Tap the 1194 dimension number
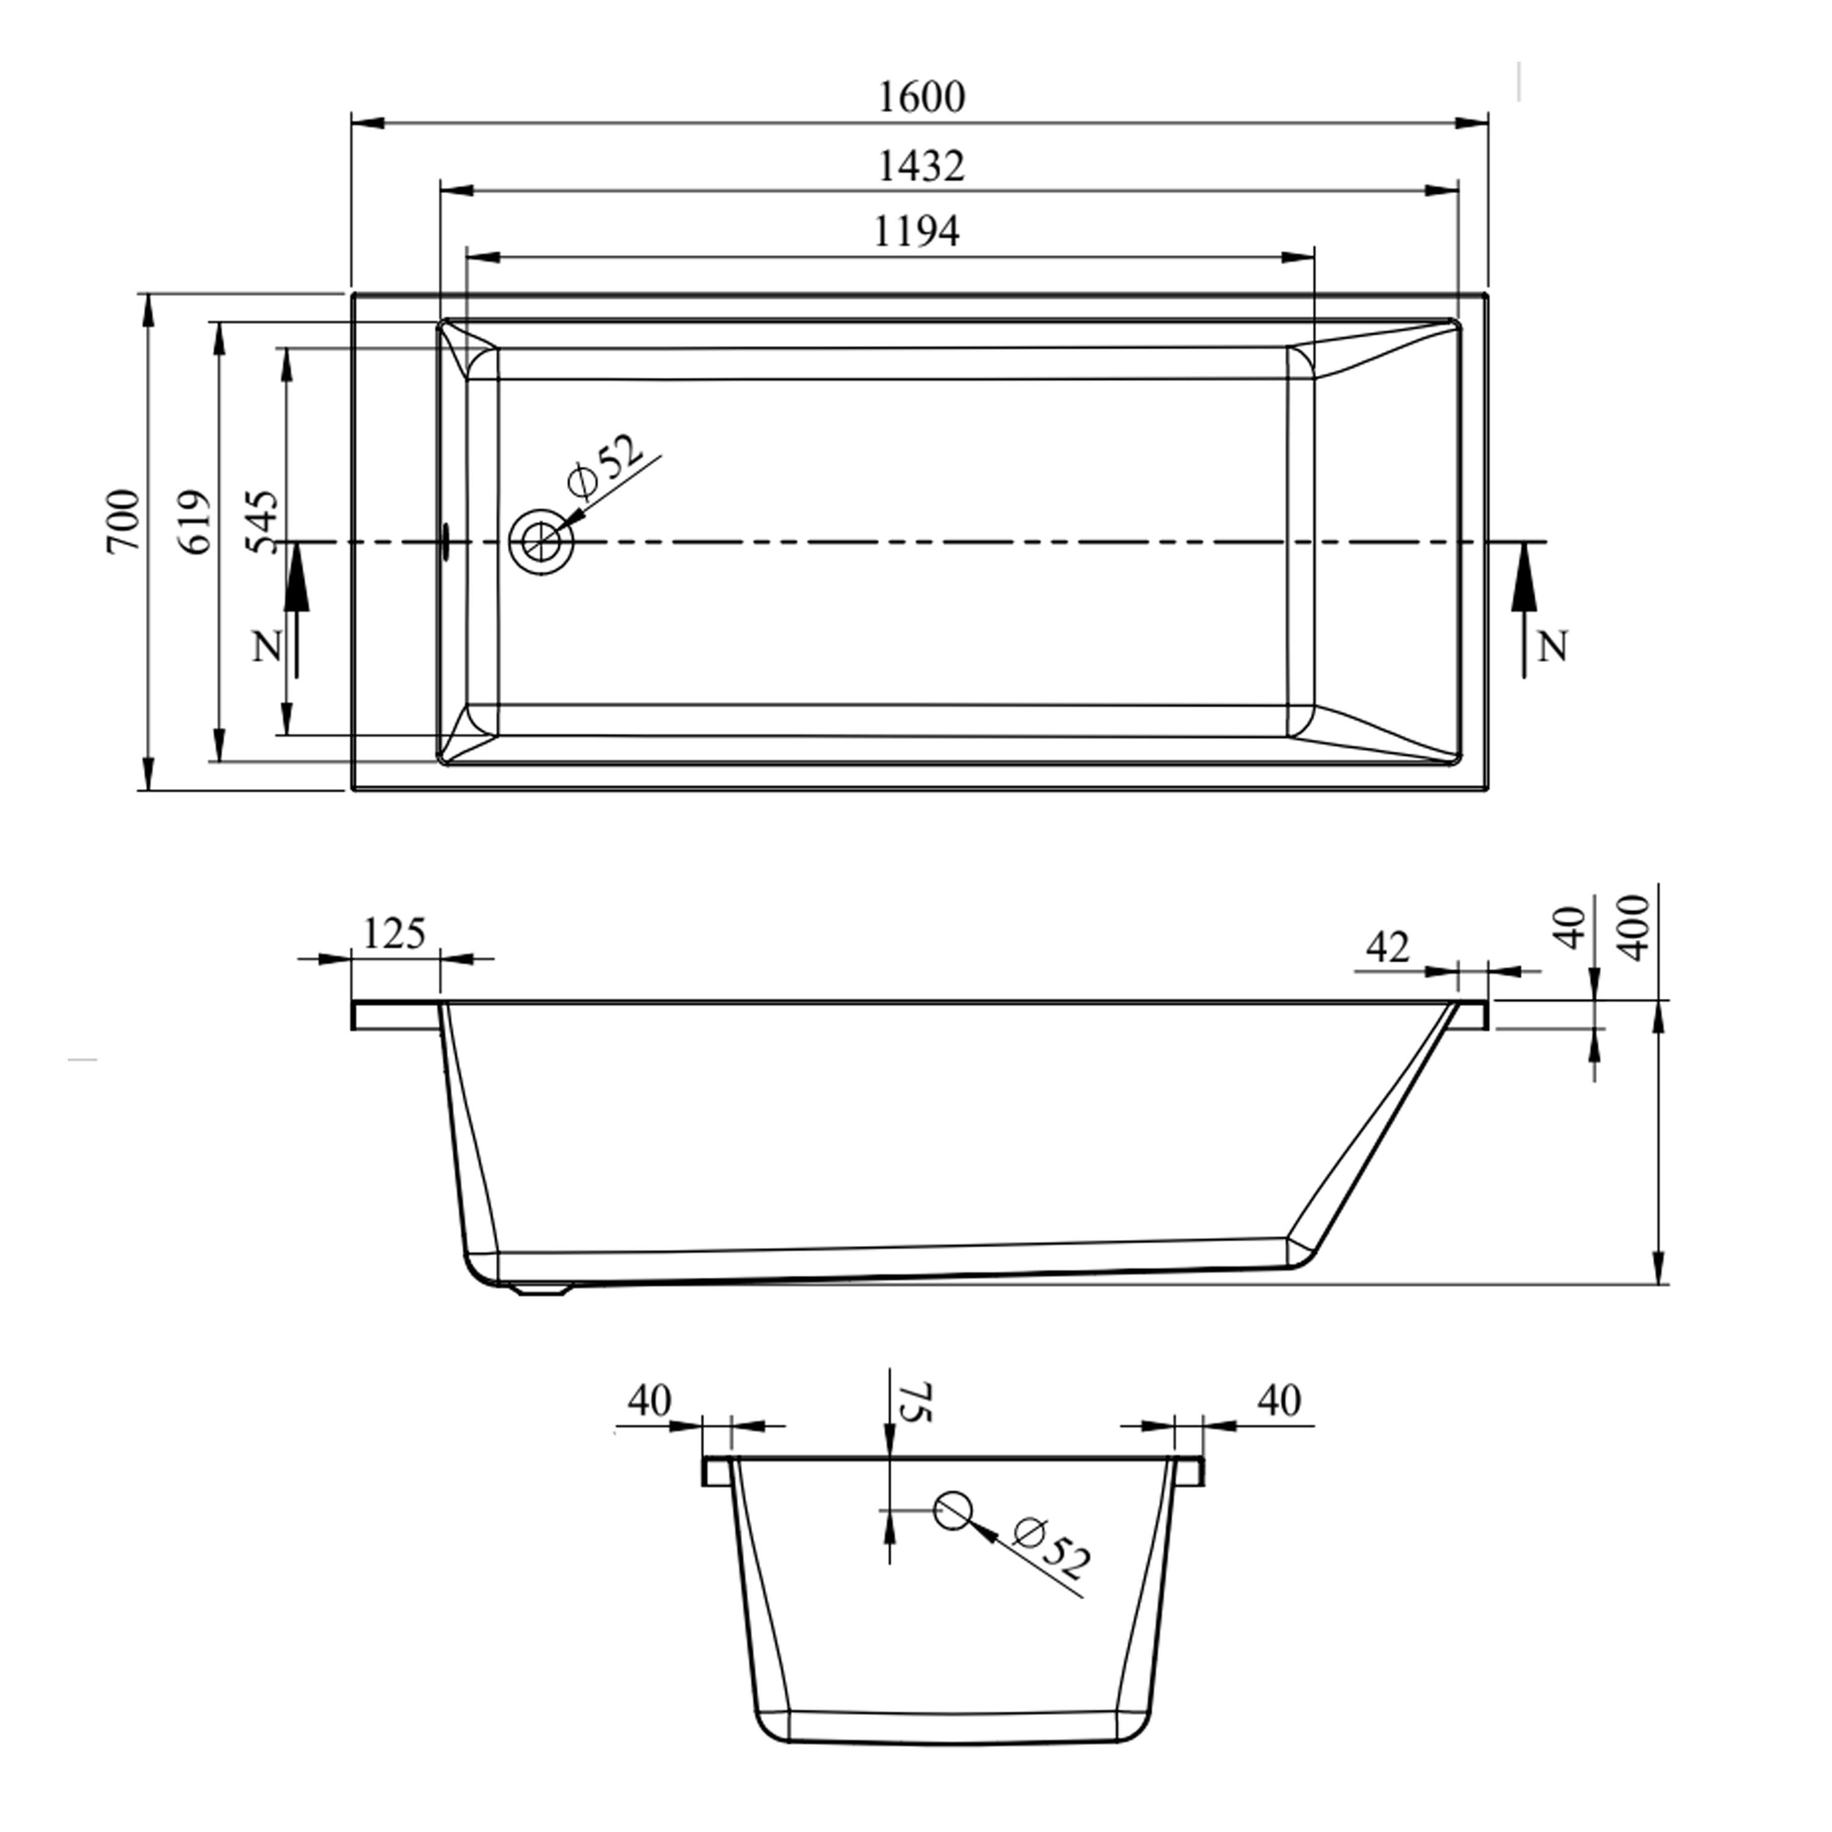(x=916, y=231)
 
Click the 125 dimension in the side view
(x=394, y=935)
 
